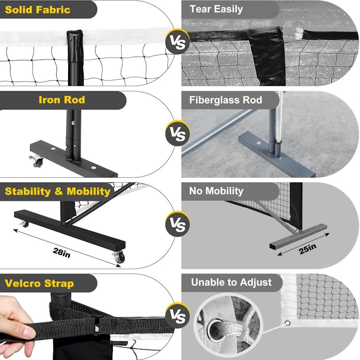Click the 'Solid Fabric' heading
37,10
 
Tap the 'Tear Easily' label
216,10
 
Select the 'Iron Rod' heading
62,100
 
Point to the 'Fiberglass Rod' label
226,100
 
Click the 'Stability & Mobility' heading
58,192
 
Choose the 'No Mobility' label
216,191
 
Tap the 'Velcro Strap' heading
39,283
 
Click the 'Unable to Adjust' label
231,282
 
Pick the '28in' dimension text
61,252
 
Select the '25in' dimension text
308,249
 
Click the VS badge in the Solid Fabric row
177,42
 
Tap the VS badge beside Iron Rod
177,133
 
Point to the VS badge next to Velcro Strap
177,317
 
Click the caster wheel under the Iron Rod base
37,160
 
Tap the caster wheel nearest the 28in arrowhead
120,257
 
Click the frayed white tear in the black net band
300,33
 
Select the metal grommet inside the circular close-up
216,330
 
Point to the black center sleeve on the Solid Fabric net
75,58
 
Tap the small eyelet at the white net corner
287,323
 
